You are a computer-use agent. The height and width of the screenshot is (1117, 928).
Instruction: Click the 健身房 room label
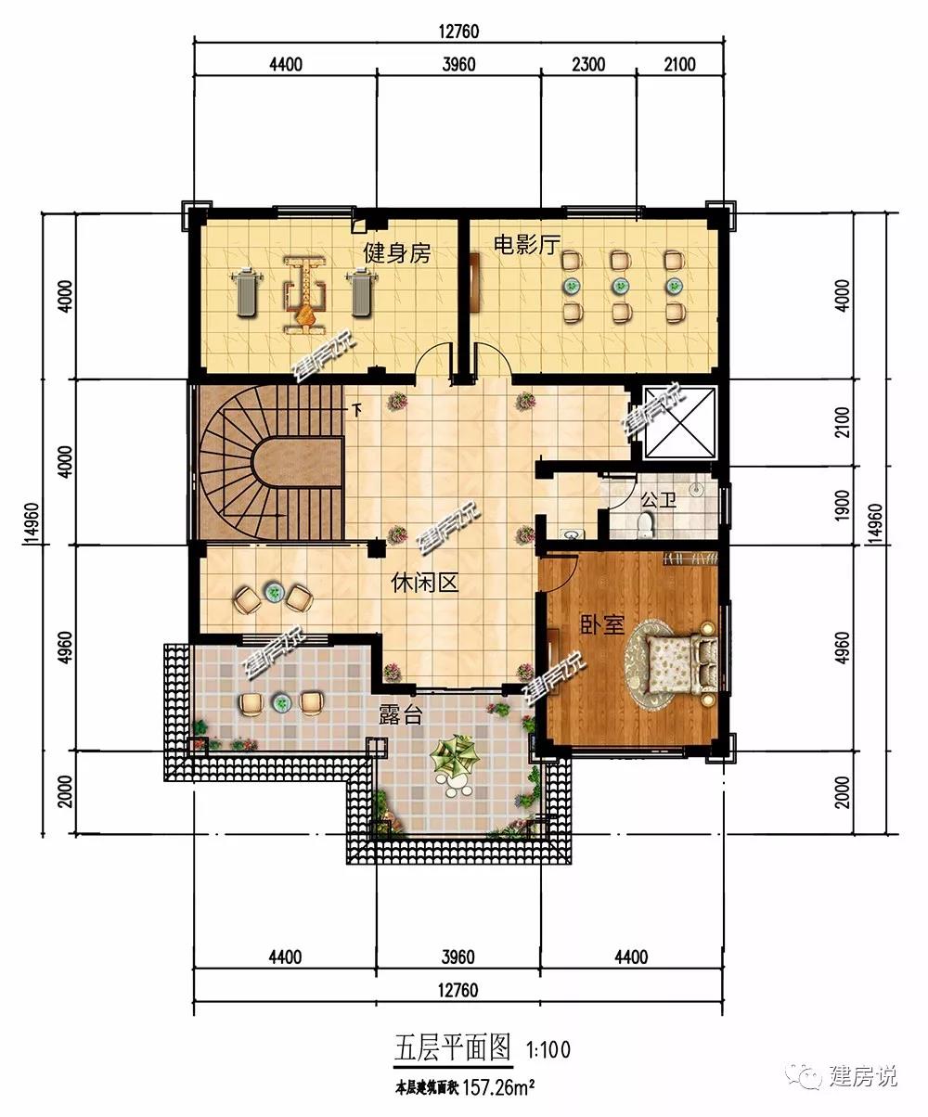click(x=396, y=252)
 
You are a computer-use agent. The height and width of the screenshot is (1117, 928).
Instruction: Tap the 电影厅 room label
click(x=526, y=246)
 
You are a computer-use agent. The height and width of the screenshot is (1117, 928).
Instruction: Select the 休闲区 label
click(x=424, y=583)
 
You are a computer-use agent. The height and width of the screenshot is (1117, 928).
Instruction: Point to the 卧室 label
click(x=602, y=624)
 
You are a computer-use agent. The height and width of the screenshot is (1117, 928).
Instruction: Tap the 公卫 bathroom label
click(x=658, y=500)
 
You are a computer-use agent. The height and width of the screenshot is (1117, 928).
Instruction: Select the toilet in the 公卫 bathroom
click(x=647, y=524)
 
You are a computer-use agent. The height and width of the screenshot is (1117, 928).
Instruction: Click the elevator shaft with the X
click(x=680, y=422)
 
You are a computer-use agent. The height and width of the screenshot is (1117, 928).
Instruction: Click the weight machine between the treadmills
click(x=304, y=295)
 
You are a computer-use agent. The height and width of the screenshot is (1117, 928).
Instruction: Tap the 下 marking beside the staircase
click(x=357, y=410)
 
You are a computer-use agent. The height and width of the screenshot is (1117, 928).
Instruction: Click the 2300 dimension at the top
click(x=588, y=65)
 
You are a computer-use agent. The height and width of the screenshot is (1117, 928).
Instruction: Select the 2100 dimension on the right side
click(x=842, y=422)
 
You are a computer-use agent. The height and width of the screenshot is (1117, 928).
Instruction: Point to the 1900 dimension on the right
click(x=842, y=504)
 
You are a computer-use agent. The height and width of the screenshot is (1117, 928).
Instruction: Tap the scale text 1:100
click(x=548, y=1049)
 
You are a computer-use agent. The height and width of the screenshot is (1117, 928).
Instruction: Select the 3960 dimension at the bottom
click(x=458, y=957)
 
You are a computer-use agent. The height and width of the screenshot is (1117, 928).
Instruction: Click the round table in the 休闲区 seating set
click(x=274, y=593)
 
